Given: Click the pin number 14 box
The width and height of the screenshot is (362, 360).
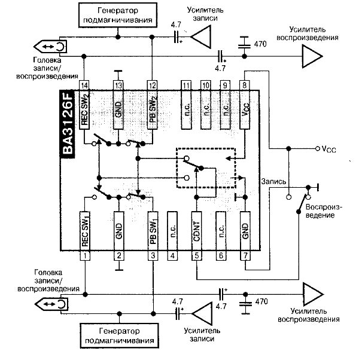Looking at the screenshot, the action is [x=84, y=86].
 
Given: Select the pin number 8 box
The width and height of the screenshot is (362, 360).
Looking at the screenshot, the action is [x=245, y=86].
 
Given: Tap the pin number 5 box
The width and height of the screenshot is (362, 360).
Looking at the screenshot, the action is [x=197, y=256].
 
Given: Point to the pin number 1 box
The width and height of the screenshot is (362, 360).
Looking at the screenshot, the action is [x=85, y=256].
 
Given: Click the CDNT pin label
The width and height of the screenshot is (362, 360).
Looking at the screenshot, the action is [x=197, y=231].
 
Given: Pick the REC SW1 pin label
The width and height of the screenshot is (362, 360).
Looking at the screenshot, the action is [x=85, y=231].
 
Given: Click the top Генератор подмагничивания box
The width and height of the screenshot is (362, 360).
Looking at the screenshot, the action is [x=118, y=15].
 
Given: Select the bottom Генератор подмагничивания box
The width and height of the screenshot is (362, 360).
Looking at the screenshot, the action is [x=119, y=335].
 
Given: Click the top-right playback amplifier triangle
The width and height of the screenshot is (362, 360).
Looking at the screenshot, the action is [x=312, y=56].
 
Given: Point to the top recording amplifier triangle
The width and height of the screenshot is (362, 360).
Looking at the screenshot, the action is [x=201, y=36].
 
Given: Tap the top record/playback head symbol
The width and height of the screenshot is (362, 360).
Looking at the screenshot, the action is [x=50, y=47].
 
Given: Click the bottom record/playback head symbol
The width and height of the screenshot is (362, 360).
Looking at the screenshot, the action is [x=51, y=304].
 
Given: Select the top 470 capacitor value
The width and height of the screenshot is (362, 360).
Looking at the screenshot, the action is [x=260, y=44].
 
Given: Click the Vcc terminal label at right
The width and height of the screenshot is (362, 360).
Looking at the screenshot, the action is [x=328, y=149].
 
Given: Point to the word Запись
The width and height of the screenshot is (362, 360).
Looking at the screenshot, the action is [x=273, y=182].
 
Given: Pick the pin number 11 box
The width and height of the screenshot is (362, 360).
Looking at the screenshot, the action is [x=186, y=86].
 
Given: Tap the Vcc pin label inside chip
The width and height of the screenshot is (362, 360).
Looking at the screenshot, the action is [x=245, y=109].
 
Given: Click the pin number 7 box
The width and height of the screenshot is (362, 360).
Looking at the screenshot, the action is [x=245, y=256].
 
